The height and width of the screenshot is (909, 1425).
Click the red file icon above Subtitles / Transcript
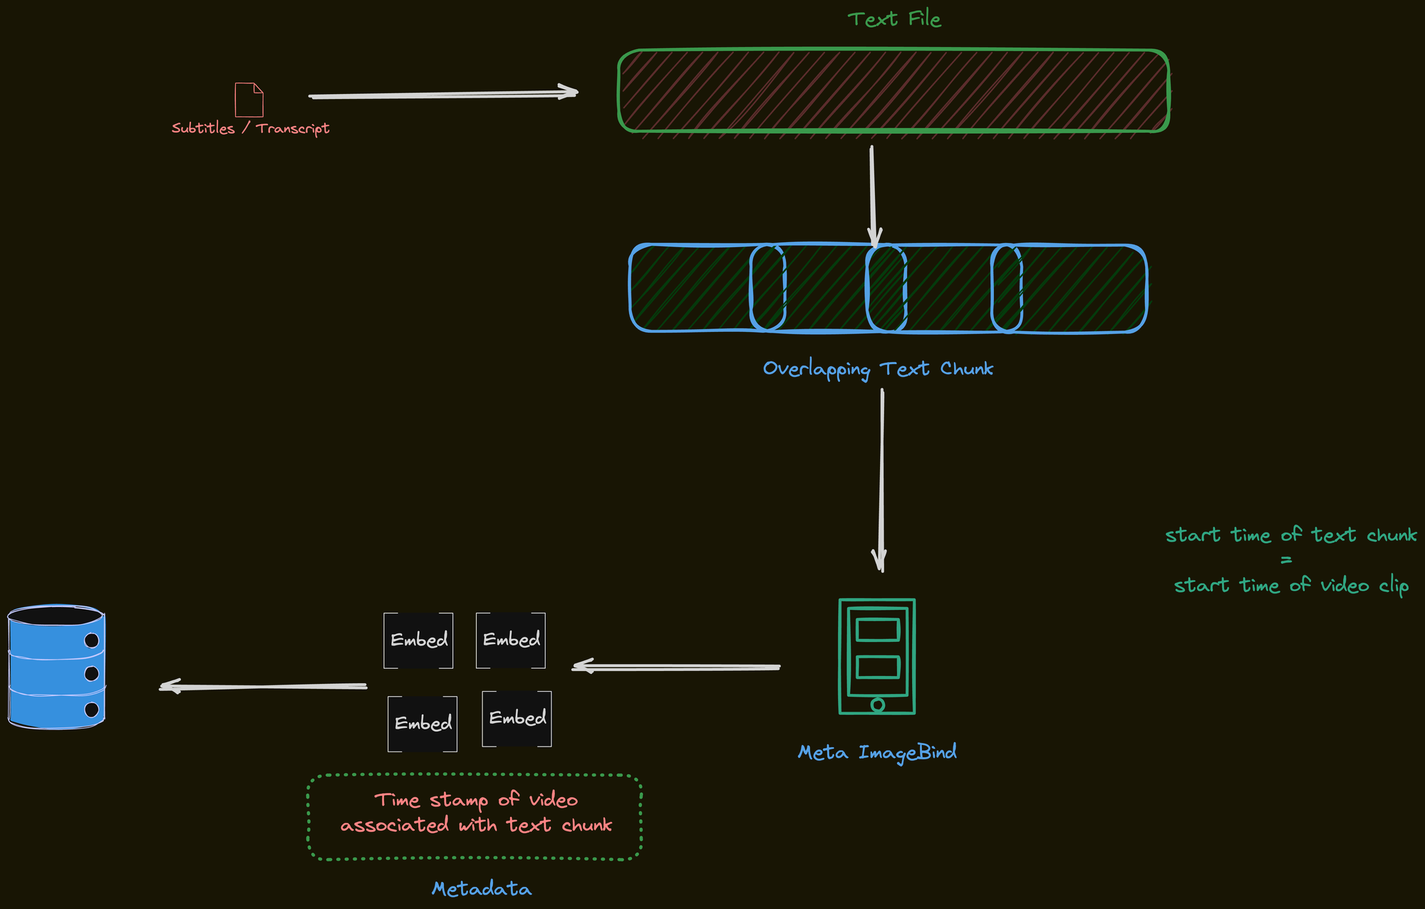pyautogui.click(x=249, y=100)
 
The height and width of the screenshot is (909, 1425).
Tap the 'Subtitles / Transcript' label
pyautogui.click(x=250, y=128)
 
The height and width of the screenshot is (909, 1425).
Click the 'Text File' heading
pyautogui.click(x=894, y=19)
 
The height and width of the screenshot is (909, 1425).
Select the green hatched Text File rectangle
pyautogui.click(x=893, y=90)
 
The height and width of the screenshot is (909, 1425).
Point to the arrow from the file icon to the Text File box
pyautogui.click(x=442, y=94)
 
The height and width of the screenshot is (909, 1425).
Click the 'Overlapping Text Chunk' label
pyautogui.click(x=878, y=369)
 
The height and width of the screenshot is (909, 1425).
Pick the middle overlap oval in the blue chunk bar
pyautogui.click(x=886, y=288)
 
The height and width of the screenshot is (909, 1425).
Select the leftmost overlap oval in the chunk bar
pyautogui.click(x=767, y=288)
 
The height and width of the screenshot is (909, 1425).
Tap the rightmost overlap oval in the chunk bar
pyautogui.click(x=1006, y=288)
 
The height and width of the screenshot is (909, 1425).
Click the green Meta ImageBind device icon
pyautogui.click(x=877, y=656)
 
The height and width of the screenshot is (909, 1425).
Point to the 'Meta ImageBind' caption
pyautogui.click(x=877, y=752)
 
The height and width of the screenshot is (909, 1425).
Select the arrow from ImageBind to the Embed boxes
pyautogui.click(x=677, y=668)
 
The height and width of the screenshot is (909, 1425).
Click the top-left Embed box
pyautogui.click(x=418, y=640)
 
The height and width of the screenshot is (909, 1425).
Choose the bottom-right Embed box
pyautogui.click(x=517, y=719)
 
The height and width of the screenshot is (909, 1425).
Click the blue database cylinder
pyautogui.click(x=56, y=668)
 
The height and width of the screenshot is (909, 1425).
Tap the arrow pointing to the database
pyautogui.click(x=264, y=687)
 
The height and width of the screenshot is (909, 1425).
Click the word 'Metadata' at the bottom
pyautogui.click(x=482, y=889)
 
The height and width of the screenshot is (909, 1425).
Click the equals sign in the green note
pyautogui.click(x=1286, y=560)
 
